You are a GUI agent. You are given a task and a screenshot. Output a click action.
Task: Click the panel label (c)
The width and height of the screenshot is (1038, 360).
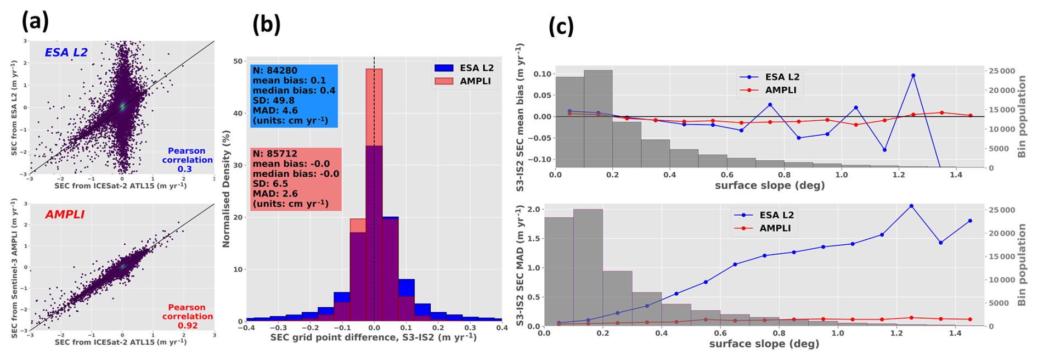click(561, 26)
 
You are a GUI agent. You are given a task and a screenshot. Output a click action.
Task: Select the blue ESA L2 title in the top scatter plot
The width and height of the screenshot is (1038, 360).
click(66, 53)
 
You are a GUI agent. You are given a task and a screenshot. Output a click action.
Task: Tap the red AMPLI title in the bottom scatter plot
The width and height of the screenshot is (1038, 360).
click(65, 215)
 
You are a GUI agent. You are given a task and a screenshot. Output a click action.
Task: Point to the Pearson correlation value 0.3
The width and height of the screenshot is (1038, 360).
click(184, 169)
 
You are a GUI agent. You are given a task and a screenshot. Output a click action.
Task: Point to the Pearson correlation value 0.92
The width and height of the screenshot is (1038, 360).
click(187, 325)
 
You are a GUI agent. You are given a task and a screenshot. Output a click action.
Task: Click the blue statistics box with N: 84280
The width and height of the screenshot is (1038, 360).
click(294, 96)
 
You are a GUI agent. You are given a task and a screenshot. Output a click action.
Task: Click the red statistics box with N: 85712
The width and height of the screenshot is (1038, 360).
click(295, 179)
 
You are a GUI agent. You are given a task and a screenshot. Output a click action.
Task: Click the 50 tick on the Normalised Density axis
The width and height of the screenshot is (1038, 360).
click(238, 61)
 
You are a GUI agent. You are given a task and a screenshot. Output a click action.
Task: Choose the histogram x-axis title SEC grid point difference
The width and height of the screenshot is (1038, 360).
click(373, 337)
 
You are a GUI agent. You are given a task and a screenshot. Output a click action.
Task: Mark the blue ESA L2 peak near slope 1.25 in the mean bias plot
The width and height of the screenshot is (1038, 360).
click(913, 76)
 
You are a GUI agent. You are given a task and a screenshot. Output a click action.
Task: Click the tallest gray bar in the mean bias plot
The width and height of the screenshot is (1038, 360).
click(598, 118)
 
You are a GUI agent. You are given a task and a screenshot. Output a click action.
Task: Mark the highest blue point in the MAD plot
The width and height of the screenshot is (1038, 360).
click(911, 206)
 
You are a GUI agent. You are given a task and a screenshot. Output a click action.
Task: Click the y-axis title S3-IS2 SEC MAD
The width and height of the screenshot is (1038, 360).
click(520, 266)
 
